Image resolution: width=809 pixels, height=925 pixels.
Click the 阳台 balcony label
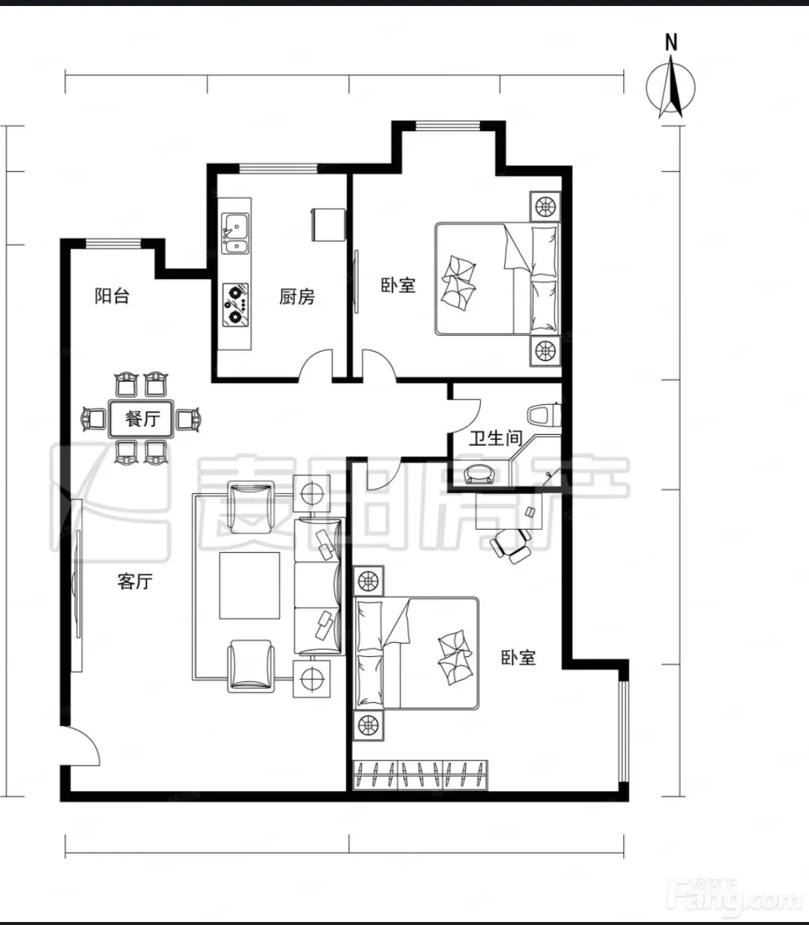click(x=112, y=296)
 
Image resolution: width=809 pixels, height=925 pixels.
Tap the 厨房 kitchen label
click(x=297, y=297)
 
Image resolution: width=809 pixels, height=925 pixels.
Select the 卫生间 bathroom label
click(x=495, y=438)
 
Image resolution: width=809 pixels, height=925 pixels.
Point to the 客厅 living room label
click(x=135, y=581)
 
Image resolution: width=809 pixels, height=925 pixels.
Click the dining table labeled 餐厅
click(x=141, y=418)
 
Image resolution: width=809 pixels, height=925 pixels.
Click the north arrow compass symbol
click(x=670, y=87)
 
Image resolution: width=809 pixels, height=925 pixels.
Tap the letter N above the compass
click(x=671, y=43)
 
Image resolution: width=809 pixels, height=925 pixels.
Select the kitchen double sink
click(x=235, y=233)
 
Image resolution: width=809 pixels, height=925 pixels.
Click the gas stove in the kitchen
click(x=235, y=305)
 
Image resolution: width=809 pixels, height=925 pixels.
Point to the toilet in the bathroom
click(x=545, y=415)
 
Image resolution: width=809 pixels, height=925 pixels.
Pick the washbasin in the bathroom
click(x=479, y=474)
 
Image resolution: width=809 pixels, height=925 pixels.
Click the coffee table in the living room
click(x=249, y=585)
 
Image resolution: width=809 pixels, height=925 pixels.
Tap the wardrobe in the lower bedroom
click(x=420, y=775)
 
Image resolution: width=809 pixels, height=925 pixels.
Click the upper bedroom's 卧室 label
click(x=399, y=286)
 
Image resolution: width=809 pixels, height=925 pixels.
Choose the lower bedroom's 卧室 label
click(x=518, y=657)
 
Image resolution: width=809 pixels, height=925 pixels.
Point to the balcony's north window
click(x=114, y=244)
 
